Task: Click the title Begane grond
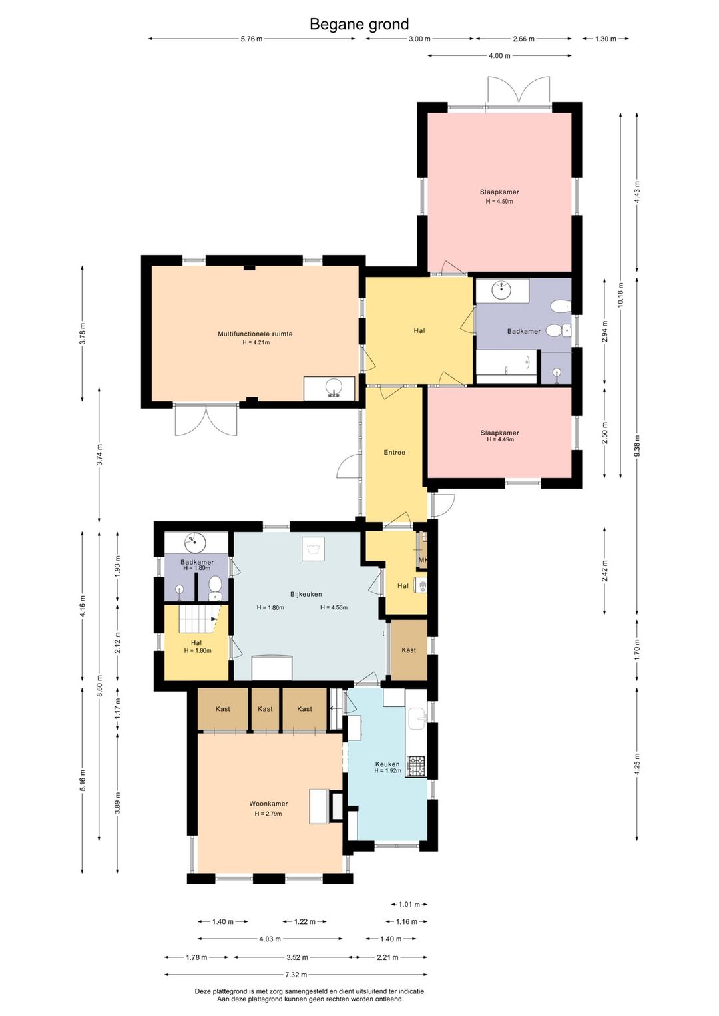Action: coord(359,24)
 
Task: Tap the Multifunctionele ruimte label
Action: coord(255,334)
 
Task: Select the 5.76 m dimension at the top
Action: coord(251,39)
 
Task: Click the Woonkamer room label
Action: coord(268,803)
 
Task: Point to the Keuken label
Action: coord(387,764)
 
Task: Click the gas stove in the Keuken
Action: coord(415,766)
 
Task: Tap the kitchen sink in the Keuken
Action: coord(417,718)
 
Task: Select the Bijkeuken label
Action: coord(306,594)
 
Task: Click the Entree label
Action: coord(395,452)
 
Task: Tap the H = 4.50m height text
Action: coord(499,201)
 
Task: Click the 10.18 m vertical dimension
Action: coord(620,294)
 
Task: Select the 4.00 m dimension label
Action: coord(499,56)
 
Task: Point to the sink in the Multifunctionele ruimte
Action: coord(334,388)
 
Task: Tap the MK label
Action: coord(423,560)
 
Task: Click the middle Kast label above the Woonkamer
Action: coord(265,709)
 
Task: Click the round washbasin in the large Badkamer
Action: coord(501,290)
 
